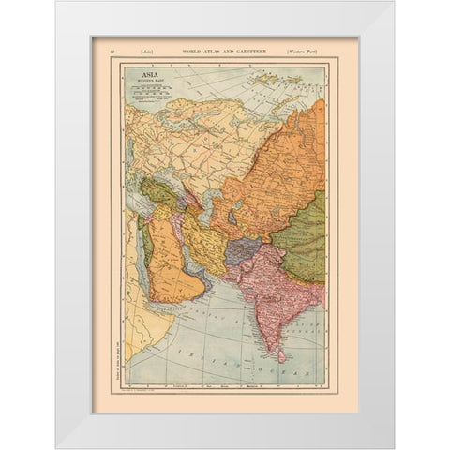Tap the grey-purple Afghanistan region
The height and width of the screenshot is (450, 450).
242,250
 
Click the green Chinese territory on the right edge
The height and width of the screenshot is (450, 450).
307,234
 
